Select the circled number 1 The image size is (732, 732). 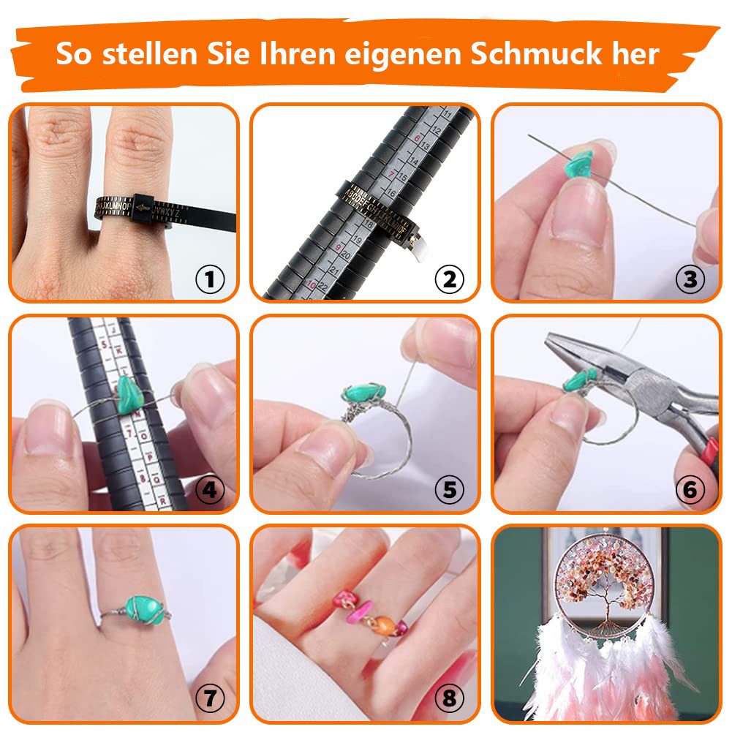click(x=210, y=279)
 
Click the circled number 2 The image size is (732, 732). click(x=450, y=279)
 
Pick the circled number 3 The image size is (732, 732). click(x=690, y=279)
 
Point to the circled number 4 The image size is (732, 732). click(x=210, y=490)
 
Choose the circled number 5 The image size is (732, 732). click(x=450, y=490)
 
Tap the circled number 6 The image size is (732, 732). click(x=690, y=490)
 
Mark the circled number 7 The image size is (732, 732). click(x=210, y=699)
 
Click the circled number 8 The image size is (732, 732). click(x=450, y=699)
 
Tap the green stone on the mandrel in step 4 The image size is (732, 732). click(x=132, y=396)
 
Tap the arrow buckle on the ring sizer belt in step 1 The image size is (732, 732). click(x=143, y=210)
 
